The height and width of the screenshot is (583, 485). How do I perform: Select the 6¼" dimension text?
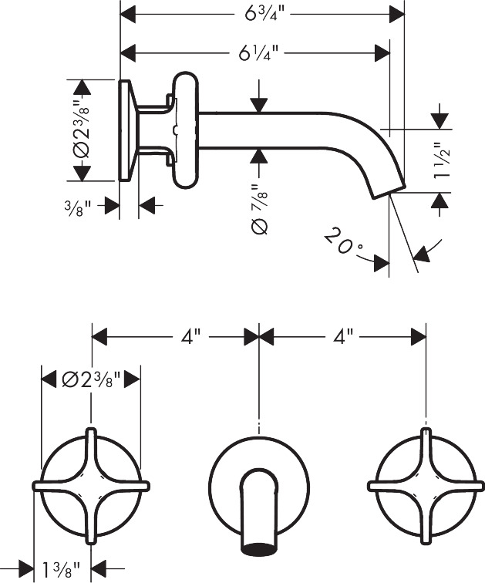click(258, 53)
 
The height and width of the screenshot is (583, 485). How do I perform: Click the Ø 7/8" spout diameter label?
click(259, 209)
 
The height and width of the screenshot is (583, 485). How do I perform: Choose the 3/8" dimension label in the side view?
click(77, 208)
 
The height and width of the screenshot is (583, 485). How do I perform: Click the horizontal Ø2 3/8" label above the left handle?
click(92, 379)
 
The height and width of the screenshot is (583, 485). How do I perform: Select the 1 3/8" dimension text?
click(62, 569)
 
